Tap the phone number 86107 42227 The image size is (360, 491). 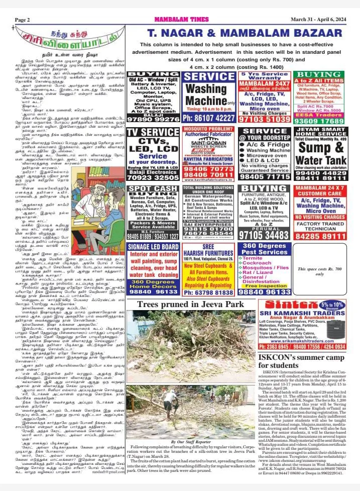click(208, 118)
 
